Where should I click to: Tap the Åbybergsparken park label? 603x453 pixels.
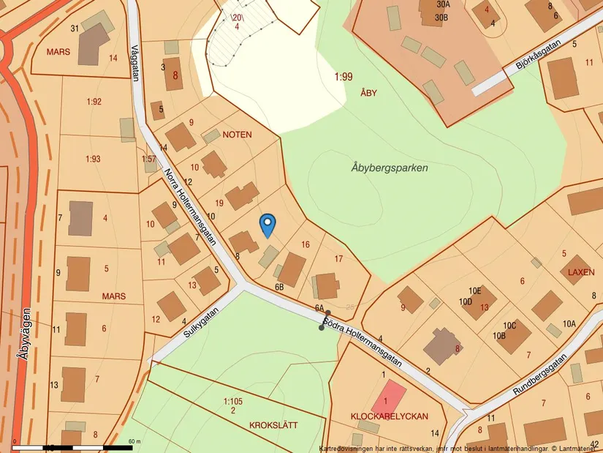click(x=389, y=168)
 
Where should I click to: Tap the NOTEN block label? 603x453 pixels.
click(x=237, y=135)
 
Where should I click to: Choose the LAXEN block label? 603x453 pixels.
click(x=581, y=272)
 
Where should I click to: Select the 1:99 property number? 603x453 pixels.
click(x=344, y=77)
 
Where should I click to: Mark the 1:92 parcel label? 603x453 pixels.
click(x=94, y=102)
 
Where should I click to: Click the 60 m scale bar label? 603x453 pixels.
click(x=134, y=441)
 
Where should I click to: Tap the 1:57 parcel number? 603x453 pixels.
click(x=148, y=158)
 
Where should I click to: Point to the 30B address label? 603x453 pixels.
click(x=441, y=17)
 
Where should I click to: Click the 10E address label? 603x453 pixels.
click(x=475, y=291)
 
